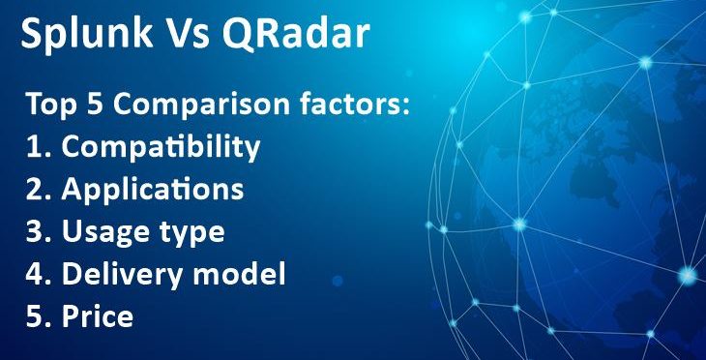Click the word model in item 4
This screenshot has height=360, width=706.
238,275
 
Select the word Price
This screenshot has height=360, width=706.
97,316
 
